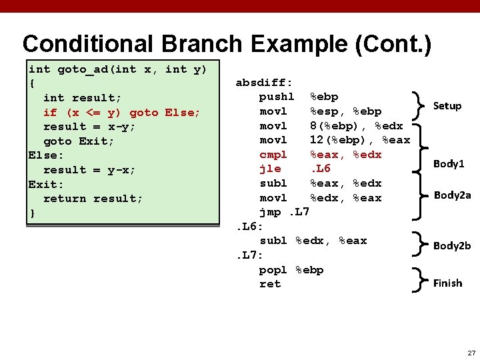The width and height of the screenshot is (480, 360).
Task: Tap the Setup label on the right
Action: tap(447, 105)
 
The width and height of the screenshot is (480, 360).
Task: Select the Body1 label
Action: tap(449, 163)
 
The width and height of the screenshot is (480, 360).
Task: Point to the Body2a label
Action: tap(452, 195)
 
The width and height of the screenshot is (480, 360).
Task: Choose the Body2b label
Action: tap(452, 245)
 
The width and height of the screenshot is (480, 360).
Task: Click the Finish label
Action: tap(447, 283)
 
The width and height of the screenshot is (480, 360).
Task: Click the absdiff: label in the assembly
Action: tap(264, 83)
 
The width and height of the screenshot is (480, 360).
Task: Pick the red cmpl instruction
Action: tap(273, 155)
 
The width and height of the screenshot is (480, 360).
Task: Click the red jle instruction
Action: tap(269, 169)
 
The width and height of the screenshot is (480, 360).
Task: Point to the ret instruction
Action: tap(270, 284)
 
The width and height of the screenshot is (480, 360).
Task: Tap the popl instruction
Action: tap(273, 269)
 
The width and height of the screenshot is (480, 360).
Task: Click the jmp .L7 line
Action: tap(284, 212)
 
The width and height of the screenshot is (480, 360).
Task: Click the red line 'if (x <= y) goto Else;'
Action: tap(121, 112)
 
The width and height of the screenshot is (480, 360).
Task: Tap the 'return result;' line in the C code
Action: tap(93, 198)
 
